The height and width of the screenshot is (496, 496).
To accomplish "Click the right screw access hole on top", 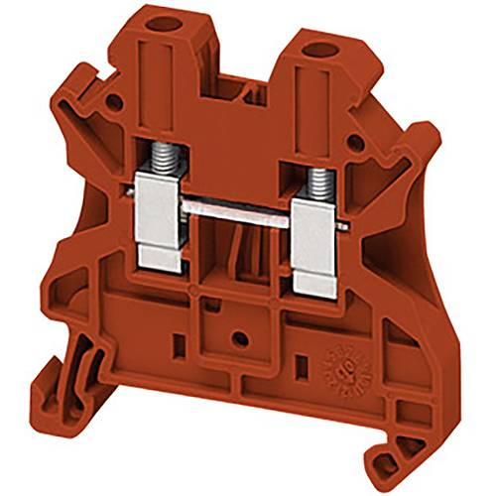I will [x=320, y=48].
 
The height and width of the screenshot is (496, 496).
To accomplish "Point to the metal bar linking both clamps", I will [x=243, y=211].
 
